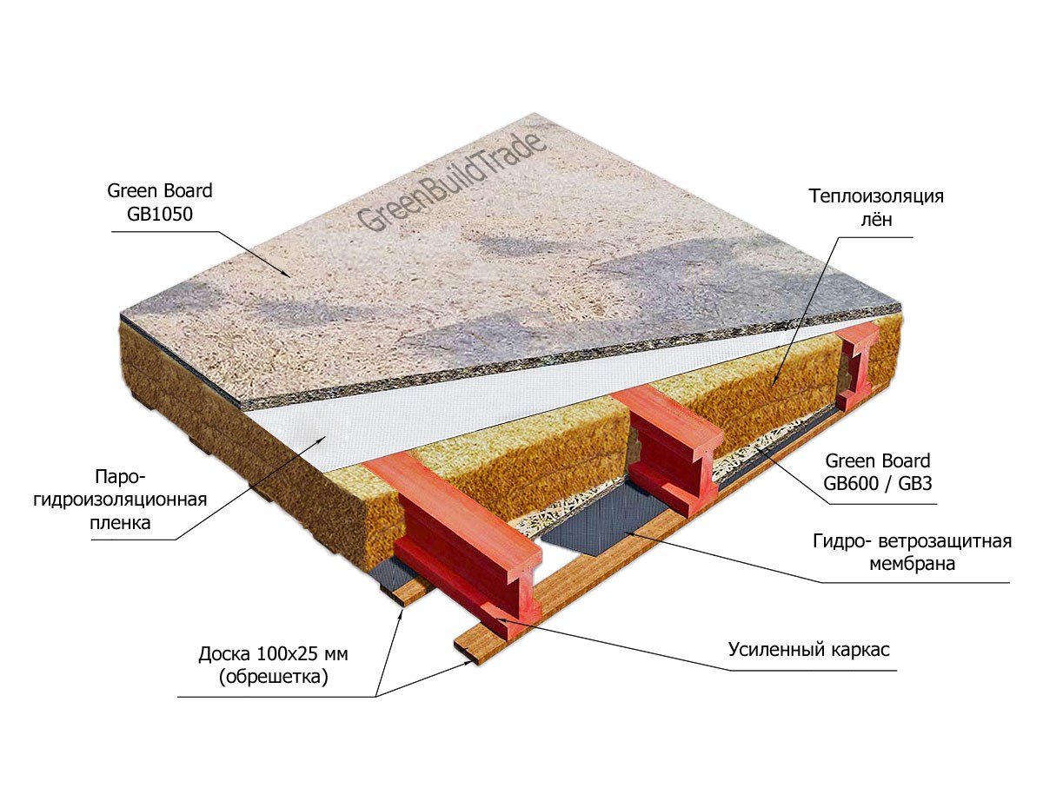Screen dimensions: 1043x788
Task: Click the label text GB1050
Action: coord(160,215)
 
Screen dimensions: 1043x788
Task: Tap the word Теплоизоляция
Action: coord(876,196)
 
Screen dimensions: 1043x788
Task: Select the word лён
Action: coord(876,220)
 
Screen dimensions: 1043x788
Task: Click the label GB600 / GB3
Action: coord(878,484)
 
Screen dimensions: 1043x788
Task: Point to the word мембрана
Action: coord(912,564)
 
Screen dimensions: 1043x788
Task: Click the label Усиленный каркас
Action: coord(808,649)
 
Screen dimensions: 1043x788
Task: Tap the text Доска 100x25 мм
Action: coord(273,654)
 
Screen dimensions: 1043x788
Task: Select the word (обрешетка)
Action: coord(273,677)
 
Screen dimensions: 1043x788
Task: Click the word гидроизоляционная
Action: coord(120,500)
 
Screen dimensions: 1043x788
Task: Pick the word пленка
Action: coord(120,523)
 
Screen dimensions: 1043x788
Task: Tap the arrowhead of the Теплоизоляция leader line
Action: coord(772,384)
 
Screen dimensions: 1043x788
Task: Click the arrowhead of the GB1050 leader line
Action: coord(289,275)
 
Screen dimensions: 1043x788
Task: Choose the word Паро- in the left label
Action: coord(120,476)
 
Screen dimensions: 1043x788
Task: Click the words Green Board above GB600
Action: coord(878,460)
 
